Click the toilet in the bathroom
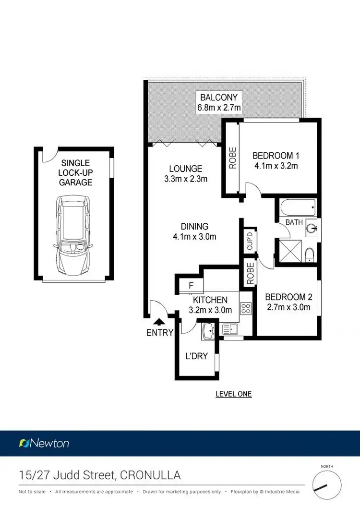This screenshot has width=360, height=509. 310,254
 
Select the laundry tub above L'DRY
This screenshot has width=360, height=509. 209,331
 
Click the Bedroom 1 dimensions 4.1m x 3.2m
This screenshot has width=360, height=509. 276,166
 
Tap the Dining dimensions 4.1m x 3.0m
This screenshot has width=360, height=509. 194,236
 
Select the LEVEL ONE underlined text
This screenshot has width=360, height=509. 234,394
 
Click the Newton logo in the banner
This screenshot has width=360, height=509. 44,443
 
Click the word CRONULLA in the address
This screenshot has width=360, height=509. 151,475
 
